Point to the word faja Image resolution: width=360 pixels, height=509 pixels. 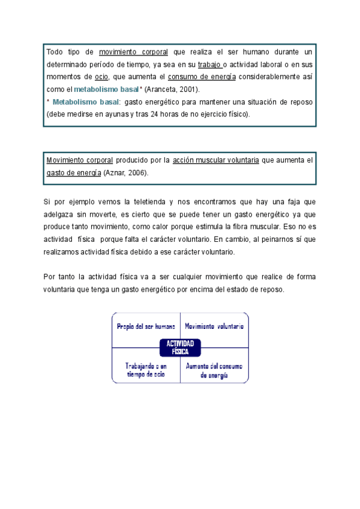284,202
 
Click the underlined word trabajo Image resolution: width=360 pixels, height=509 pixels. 209,64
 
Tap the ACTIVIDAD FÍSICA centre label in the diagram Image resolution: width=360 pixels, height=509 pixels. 180,348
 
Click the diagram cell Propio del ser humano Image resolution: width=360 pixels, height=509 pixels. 146,327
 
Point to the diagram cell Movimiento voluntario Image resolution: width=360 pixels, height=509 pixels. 214,327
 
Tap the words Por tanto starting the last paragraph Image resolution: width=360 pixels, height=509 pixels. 61,277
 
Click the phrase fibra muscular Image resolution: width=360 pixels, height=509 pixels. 260,227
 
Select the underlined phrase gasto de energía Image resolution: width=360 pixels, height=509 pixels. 73,173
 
